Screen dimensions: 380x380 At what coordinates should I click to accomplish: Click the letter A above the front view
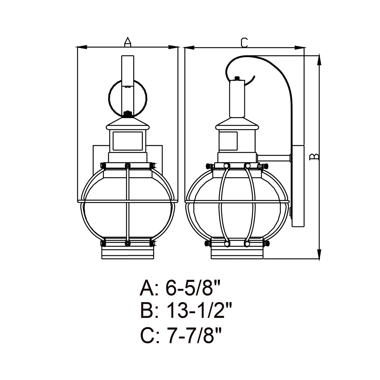[128, 42]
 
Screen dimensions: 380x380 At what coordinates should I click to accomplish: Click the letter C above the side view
[244, 43]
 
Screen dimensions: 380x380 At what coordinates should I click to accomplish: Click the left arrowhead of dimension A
[82, 47]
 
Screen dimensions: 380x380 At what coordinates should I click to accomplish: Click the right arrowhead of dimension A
[173, 47]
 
